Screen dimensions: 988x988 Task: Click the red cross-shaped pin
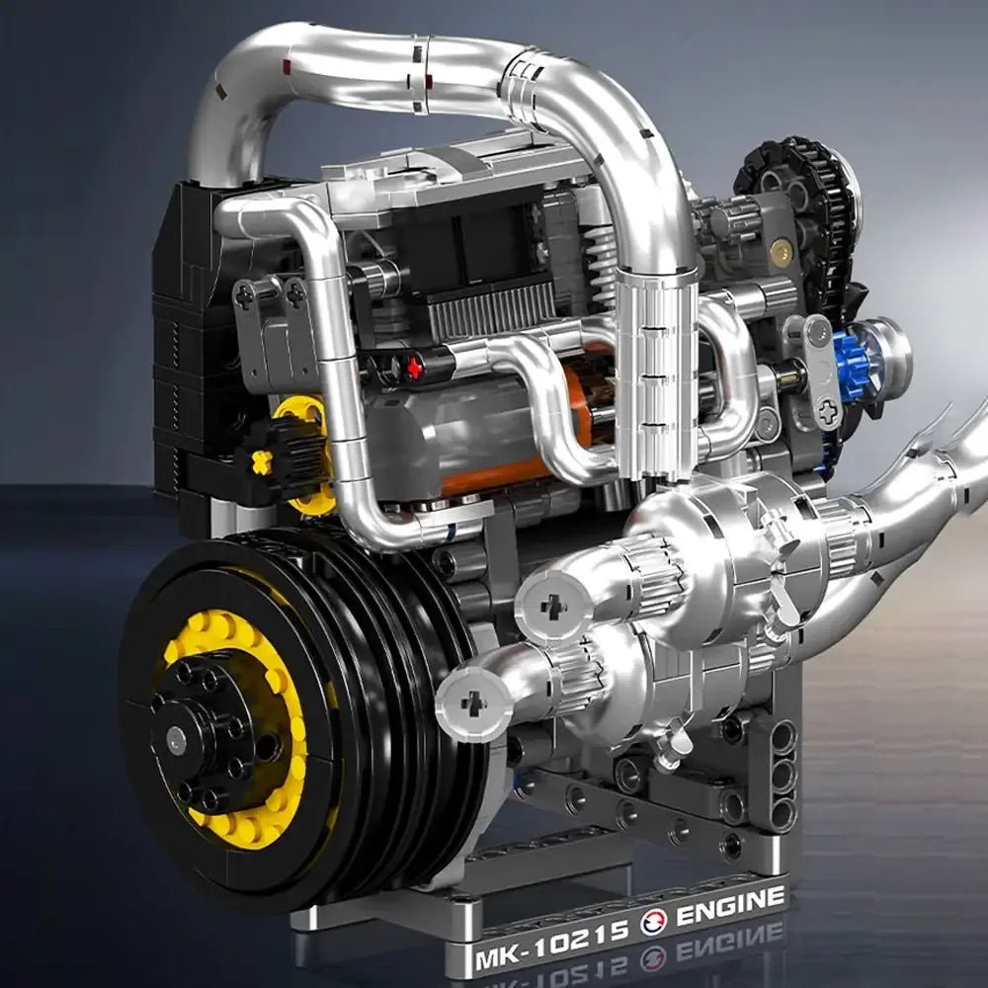point(414,368)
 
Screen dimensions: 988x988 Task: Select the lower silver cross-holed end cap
point(472,702)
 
